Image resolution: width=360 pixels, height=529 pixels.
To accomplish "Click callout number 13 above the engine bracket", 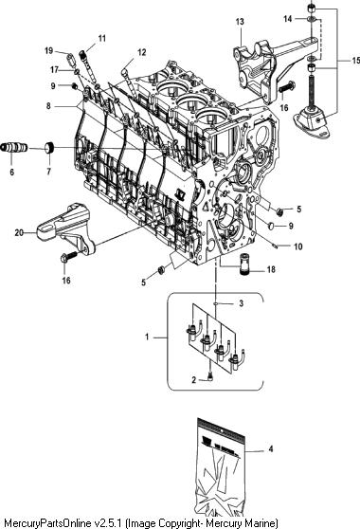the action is (x=240, y=22).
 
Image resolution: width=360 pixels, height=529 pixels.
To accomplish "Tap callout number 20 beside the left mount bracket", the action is (x=19, y=232).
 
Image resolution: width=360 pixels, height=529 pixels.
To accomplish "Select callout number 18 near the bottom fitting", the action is (x=271, y=269).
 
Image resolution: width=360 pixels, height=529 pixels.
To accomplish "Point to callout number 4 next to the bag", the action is (x=271, y=449).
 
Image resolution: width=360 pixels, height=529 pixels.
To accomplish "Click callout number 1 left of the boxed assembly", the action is (x=147, y=337).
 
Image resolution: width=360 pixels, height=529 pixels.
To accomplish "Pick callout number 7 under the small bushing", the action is (x=48, y=172).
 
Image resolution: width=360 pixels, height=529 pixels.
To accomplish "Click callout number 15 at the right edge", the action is (x=355, y=61).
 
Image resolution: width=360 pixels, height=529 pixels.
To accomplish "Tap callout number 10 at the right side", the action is (x=298, y=246).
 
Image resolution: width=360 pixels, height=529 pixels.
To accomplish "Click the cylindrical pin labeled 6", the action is (x=14, y=148).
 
